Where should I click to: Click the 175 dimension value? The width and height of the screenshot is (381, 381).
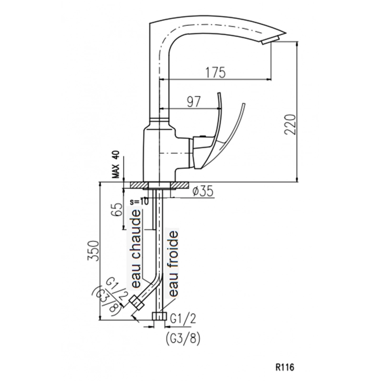(216, 72)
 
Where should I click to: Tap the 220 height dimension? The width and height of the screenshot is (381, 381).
(291, 124)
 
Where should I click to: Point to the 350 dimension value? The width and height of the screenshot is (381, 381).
(93, 251)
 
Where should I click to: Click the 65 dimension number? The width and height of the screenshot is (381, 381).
(118, 209)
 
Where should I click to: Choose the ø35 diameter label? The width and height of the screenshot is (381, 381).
(203, 191)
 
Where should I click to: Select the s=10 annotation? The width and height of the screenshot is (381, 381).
(139, 201)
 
